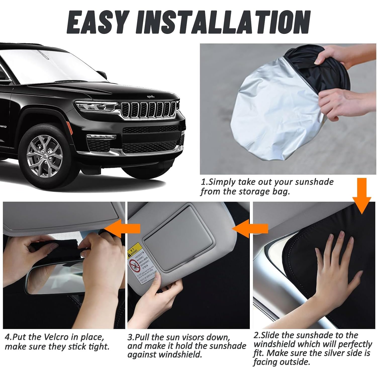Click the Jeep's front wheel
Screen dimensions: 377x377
coord(45,153)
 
